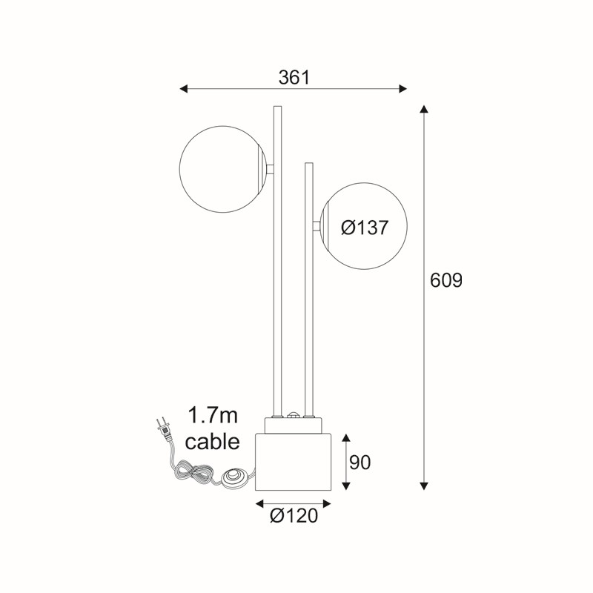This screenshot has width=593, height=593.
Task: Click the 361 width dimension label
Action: click(x=294, y=78)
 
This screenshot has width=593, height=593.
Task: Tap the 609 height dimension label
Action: click(x=446, y=281)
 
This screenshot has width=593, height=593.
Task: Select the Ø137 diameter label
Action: click(x=365, y=228)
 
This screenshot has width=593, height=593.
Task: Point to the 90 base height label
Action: click(x=360, y=462)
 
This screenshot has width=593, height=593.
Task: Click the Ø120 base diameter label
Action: click(x=294, y=515)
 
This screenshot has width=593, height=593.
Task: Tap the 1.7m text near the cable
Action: click(x=213, y=416)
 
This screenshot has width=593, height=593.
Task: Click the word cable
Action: click(x=213, y=441)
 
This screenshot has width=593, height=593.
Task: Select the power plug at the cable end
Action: click(x=165, y=429)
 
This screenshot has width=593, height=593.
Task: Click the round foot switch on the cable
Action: click(x=234, y=477)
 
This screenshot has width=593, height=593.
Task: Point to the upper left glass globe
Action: click(x=223, y=169)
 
